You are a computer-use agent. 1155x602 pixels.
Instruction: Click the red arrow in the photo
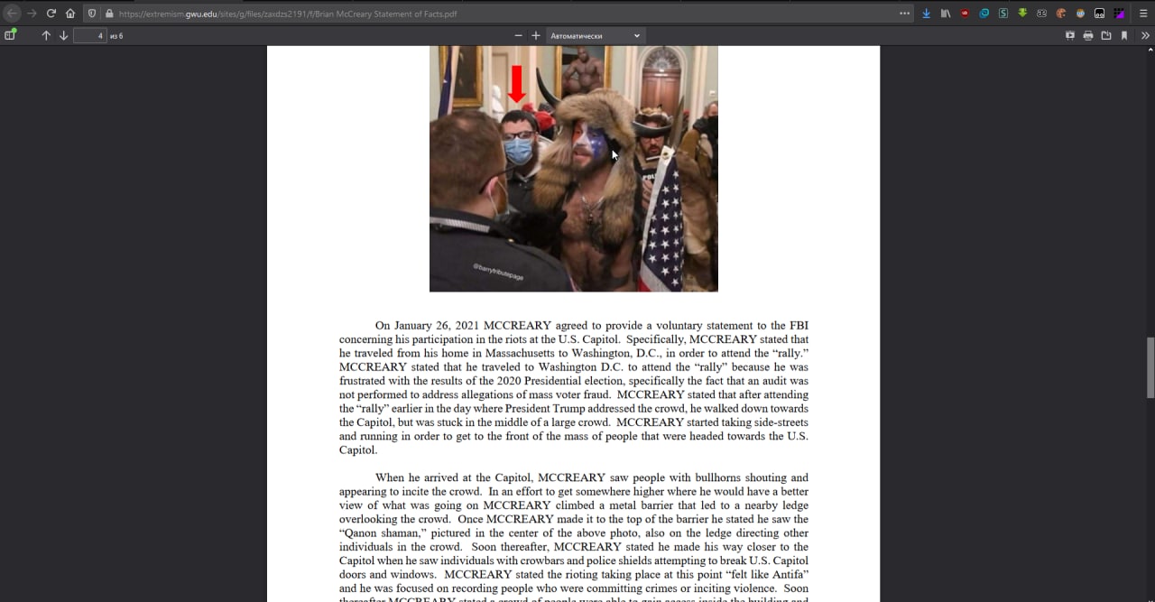[516, 83]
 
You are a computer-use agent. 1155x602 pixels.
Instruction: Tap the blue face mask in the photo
[518, 150]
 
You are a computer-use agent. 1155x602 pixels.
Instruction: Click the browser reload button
[51, 14]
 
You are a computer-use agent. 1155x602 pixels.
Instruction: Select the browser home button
[70, 14]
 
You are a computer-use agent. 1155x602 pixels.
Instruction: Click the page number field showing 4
[89, 35]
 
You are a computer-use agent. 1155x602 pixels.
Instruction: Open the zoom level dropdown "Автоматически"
[596, 35]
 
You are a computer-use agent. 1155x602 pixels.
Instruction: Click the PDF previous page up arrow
[46, 35]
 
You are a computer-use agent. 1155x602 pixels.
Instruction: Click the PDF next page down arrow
[63, 35]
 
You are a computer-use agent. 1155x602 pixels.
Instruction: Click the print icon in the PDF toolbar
[1088, 35]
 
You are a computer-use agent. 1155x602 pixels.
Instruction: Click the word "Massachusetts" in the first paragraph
[520, 353]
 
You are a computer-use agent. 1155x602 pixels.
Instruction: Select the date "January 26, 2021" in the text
[437, 326]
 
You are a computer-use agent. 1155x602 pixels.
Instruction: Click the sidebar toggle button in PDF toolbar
[10, 35]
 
